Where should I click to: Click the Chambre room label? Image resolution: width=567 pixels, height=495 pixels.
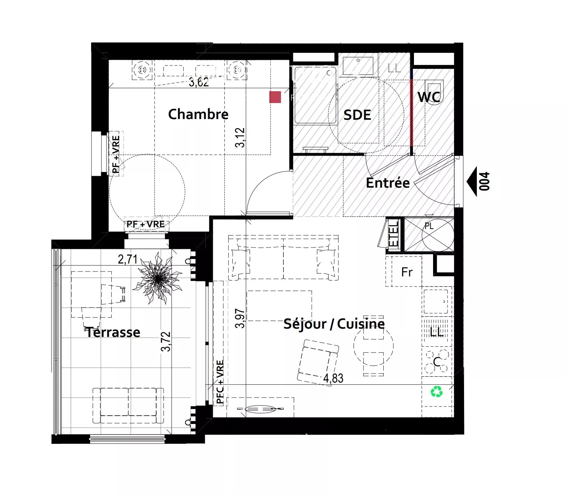coord(198,114)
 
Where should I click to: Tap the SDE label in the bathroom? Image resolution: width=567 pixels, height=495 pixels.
coord(357,115)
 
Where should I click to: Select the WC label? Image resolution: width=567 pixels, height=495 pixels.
coord(429,97)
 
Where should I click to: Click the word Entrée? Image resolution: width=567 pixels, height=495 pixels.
coord(388,183)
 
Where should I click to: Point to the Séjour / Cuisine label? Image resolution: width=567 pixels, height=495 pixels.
coord(334,324)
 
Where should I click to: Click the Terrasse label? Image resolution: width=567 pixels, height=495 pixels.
coord(113,332)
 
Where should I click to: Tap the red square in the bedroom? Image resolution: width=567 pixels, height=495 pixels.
coord(275,97)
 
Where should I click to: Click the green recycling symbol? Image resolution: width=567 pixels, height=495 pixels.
coord(437,392)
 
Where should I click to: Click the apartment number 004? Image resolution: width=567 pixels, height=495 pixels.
coord(484,182)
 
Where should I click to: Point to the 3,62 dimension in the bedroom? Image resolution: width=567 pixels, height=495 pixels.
coord(199,83)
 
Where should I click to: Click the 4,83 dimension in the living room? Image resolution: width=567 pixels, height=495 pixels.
coord(333,378)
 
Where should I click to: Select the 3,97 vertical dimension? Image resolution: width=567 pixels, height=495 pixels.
coord(240,318)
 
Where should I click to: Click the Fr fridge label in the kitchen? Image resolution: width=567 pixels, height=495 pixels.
coord(407,272)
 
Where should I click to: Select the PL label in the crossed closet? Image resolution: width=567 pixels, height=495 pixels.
coord(429,226)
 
